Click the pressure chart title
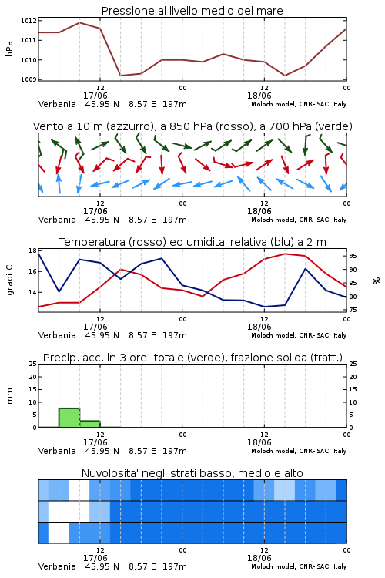coord(192,11)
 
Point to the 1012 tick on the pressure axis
coord(28,21)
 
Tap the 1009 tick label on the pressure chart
coord(28,79)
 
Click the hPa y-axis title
coord(9,49)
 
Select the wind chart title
coord(192,126)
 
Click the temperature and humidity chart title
coord(192,242)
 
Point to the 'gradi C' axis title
coord(9,281)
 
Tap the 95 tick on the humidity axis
coord(353,256)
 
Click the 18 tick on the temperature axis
coord(32,250)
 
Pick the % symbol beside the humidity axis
coord(377,281)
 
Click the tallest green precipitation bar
coord(69,418)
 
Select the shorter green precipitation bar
coord(90,424)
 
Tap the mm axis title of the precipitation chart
coord(9,396)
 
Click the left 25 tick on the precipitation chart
coord(33,364)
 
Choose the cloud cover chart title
coord(192,473)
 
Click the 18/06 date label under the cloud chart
coord(259,558)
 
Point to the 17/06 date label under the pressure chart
coord(95,96)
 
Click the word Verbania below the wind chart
coord(57,220)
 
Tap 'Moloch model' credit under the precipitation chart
coord(273,451)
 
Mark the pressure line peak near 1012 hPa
coord(79,22)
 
